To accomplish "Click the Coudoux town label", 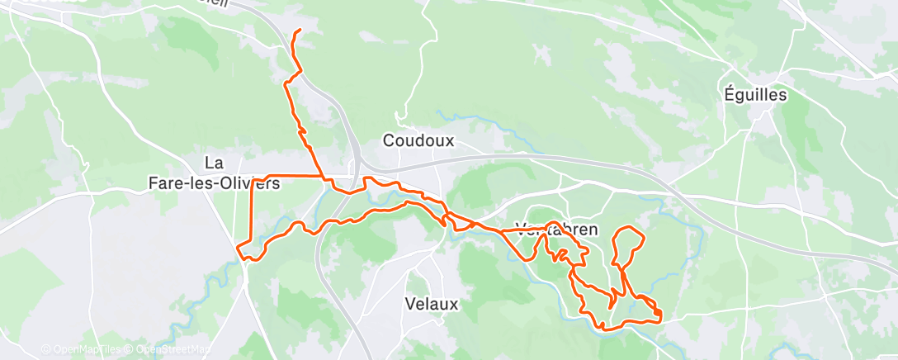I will tap(418, 141).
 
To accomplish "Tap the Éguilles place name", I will tap(753, 95).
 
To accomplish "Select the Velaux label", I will tap(432, 304).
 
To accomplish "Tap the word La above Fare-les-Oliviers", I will tap(215, 163).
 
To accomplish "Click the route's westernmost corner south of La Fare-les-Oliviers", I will tap(238, 247).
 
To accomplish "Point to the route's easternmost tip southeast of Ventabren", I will tap(662, 315).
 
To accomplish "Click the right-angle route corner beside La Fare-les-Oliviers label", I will tap(252, 178).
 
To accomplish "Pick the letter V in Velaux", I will tap(410, 304).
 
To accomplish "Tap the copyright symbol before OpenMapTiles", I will tap(46, 350).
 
